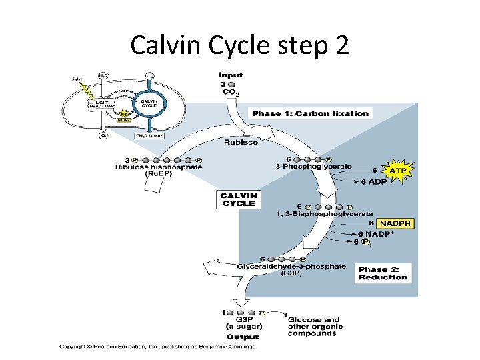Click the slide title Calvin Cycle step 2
click(239, 45)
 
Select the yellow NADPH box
click(395, 223)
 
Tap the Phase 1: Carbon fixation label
click(310, 113)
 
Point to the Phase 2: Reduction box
click(383, 273)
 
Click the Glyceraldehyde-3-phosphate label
click(291, 266)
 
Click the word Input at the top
click(231, 75)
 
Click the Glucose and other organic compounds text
click(315, 326)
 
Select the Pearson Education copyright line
click(157, 346)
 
